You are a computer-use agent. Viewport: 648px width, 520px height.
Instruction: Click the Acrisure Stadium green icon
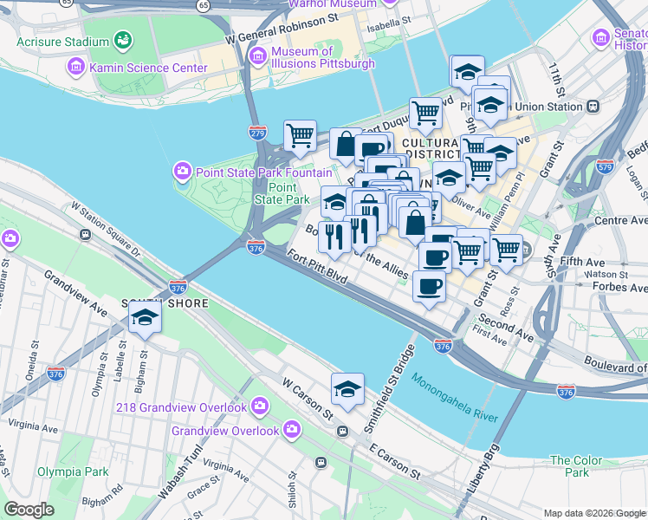[123, 41]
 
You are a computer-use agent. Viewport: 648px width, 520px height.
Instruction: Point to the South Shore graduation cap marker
[145, 319]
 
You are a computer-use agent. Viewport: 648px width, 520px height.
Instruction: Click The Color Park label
[576, 466]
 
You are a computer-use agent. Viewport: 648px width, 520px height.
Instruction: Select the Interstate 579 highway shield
[606, 165]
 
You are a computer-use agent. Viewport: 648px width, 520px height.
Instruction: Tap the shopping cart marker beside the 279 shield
[300, 135]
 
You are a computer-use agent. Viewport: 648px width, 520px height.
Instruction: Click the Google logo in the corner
[29, 510]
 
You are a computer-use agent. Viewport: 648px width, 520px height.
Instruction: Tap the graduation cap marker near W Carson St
[347, 389]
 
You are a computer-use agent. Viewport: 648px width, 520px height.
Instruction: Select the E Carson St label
[394, 463]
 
